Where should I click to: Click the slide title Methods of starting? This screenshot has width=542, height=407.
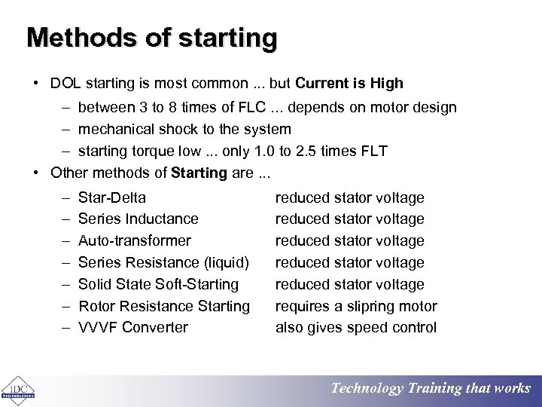click(152, 37)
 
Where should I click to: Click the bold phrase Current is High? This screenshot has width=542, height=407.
click(350, 84)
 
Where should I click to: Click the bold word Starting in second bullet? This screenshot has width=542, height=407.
click(199, 173)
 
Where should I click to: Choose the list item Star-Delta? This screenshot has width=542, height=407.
click(112, 197)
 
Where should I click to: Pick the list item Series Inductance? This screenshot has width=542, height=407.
click(139, 219)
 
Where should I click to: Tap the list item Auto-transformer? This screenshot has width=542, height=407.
click(135, 241)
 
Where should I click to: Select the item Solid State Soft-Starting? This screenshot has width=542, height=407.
click(158, 284)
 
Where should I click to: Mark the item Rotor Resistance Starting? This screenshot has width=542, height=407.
click(164, 306)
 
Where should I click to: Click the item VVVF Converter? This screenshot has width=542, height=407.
click(133, 327)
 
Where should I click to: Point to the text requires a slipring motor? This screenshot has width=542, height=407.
click(356, 306)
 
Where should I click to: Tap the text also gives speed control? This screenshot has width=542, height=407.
click(356, 327)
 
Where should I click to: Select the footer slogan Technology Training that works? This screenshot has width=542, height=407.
click(431, 389)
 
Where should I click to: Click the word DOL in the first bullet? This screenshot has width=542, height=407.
click(65, 84)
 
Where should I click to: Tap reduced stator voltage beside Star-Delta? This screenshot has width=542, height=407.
click(350, 197)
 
